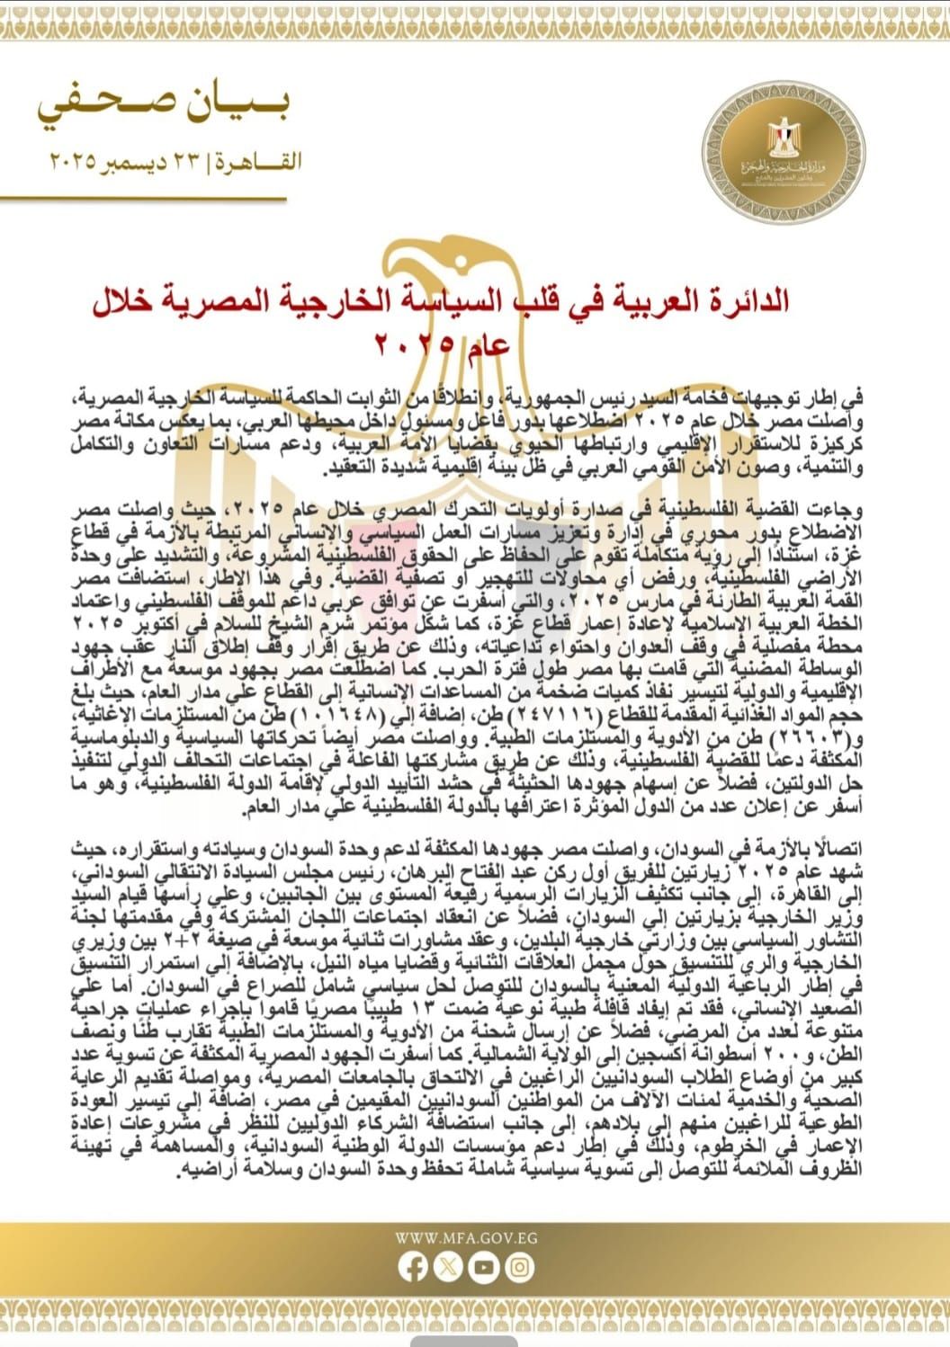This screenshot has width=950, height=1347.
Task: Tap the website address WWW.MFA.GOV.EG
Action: [466, 1237]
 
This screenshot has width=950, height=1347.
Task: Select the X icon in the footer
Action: [448, 1268]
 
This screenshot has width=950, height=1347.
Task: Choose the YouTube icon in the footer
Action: [484, 1268]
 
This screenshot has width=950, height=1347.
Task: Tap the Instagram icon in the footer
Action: [519, 1268]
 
